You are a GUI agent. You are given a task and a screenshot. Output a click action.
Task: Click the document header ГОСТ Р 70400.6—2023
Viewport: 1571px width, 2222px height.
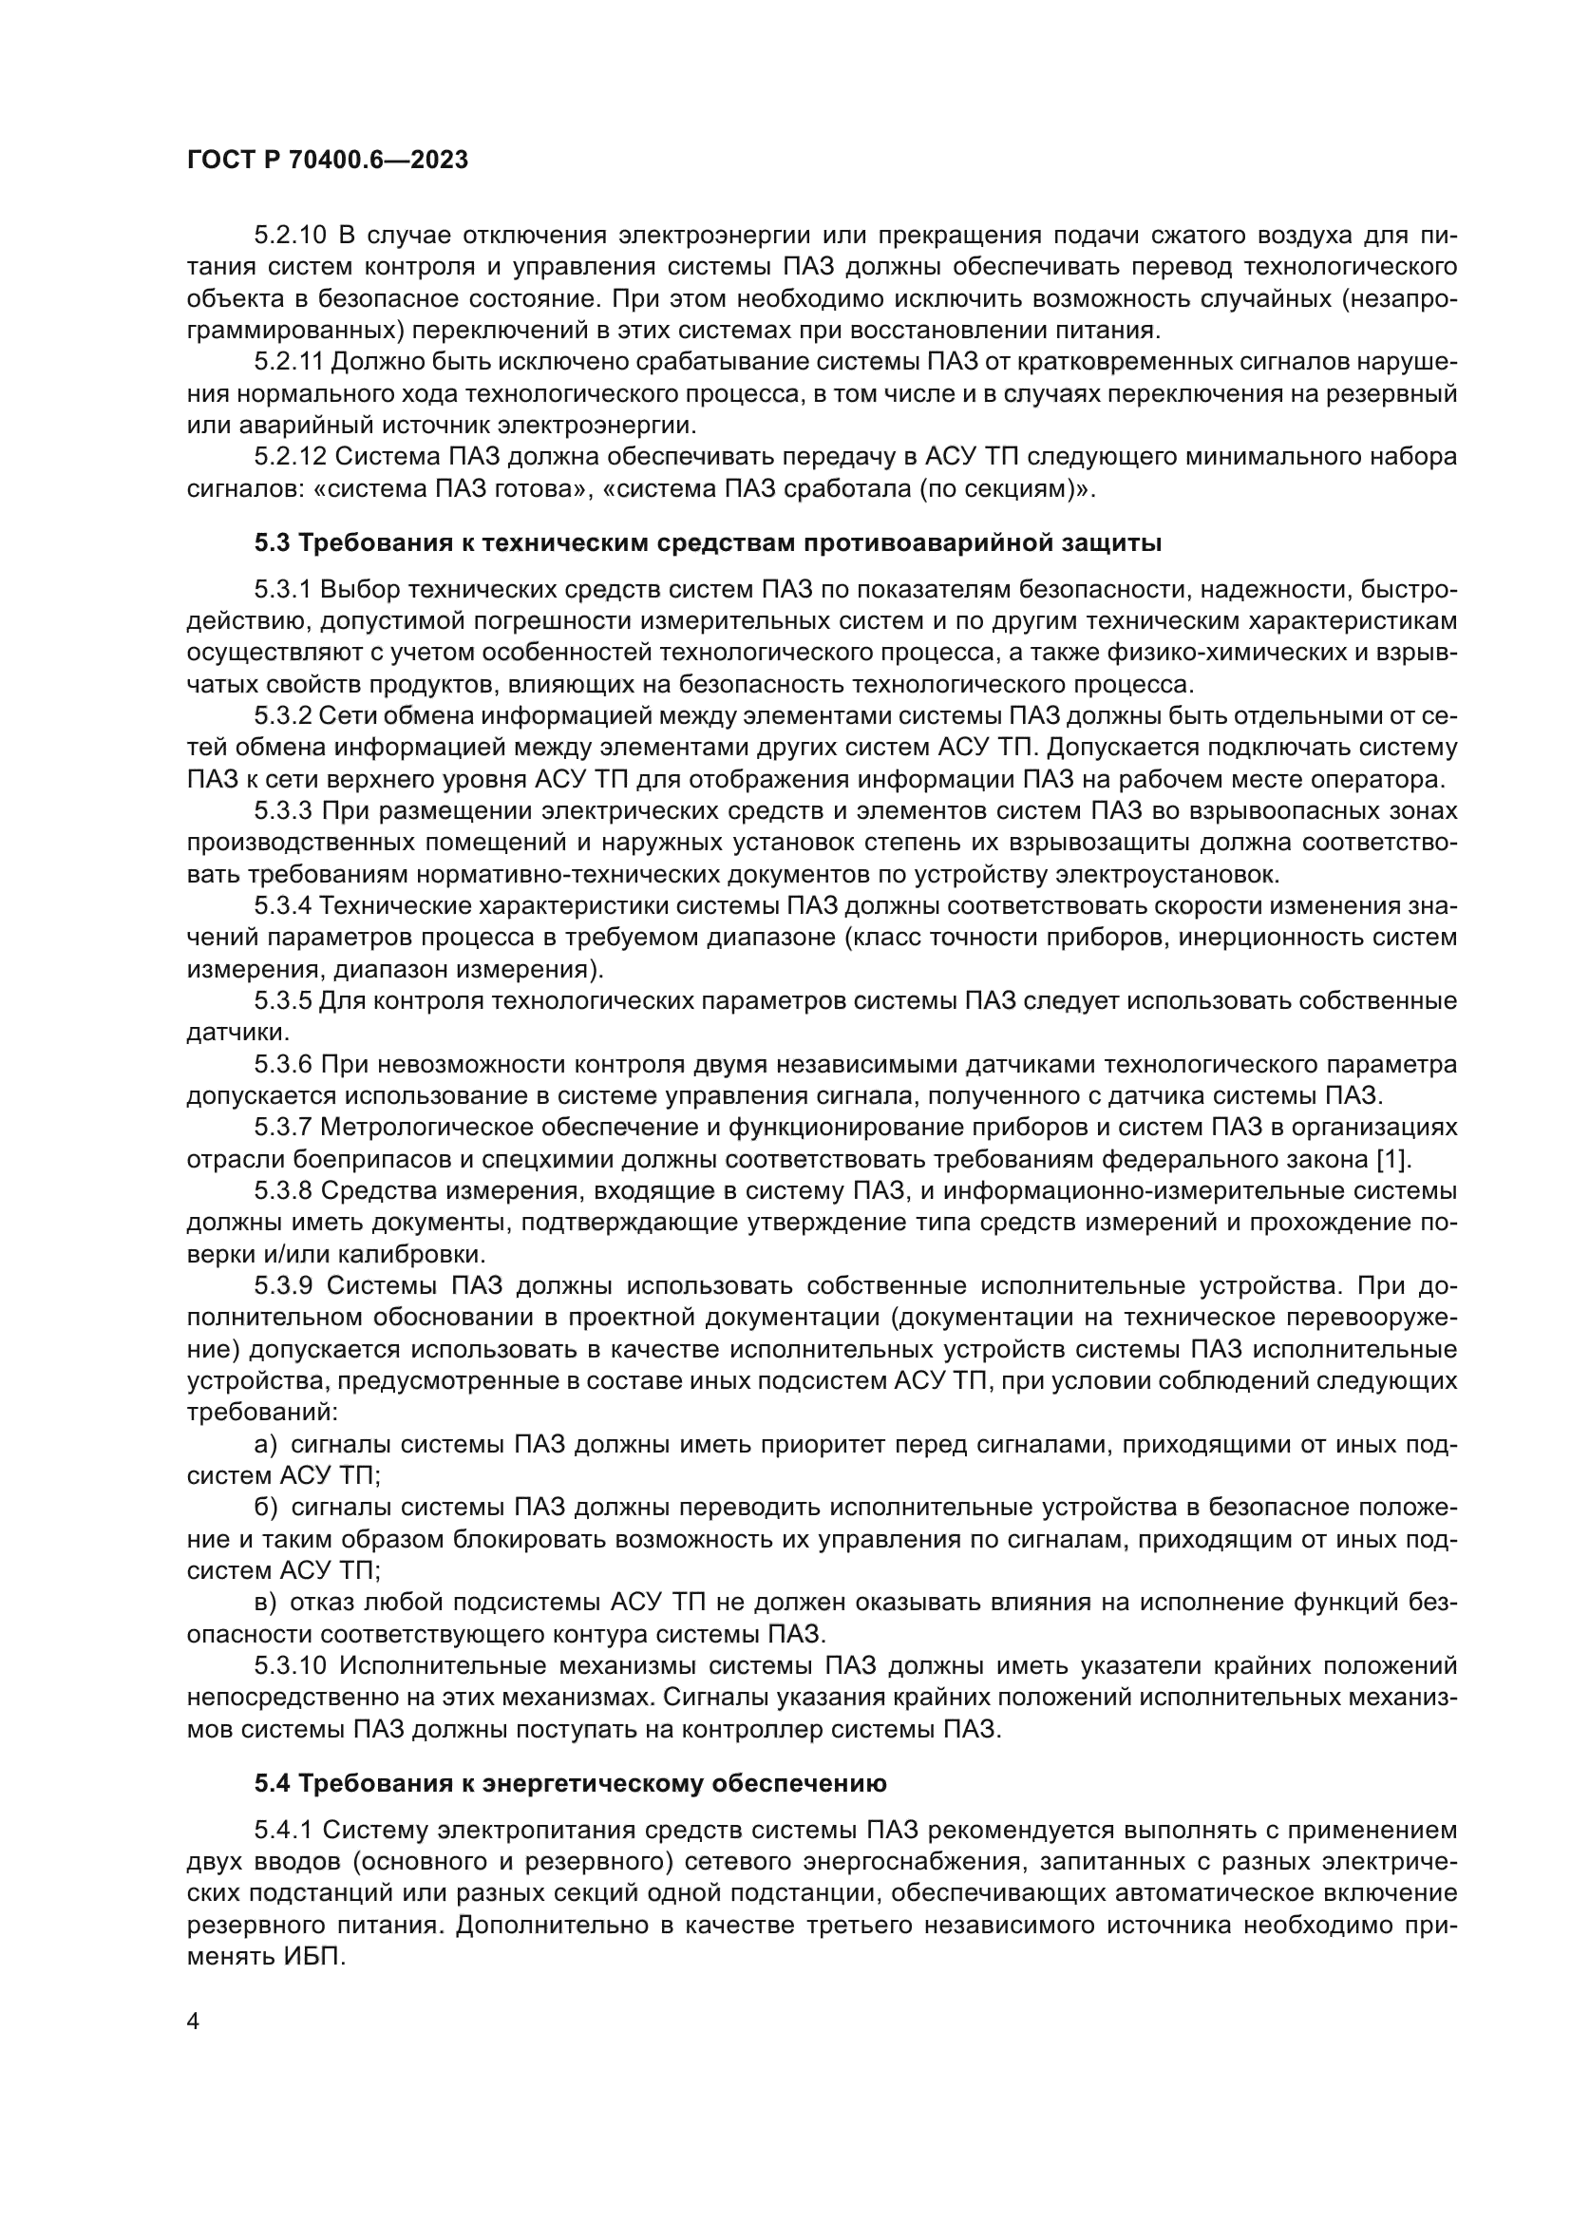327,161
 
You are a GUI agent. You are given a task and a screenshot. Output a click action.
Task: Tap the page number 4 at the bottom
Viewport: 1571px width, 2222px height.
194,2020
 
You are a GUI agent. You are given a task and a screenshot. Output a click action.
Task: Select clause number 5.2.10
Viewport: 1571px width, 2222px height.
293,236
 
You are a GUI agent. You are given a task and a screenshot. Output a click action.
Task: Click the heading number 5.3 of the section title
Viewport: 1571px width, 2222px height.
272,543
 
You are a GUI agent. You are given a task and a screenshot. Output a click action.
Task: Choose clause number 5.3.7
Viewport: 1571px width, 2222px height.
282,1128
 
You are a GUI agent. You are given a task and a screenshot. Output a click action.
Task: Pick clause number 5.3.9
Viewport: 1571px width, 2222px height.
282,1286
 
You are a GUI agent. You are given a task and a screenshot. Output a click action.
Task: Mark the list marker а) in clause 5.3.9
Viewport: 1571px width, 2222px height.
265,1445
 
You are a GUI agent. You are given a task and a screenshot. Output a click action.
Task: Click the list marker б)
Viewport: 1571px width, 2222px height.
265,1508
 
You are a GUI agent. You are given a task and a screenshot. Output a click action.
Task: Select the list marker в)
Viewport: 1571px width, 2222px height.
265,1603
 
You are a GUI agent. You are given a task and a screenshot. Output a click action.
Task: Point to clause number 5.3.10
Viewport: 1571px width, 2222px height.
291,1665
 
